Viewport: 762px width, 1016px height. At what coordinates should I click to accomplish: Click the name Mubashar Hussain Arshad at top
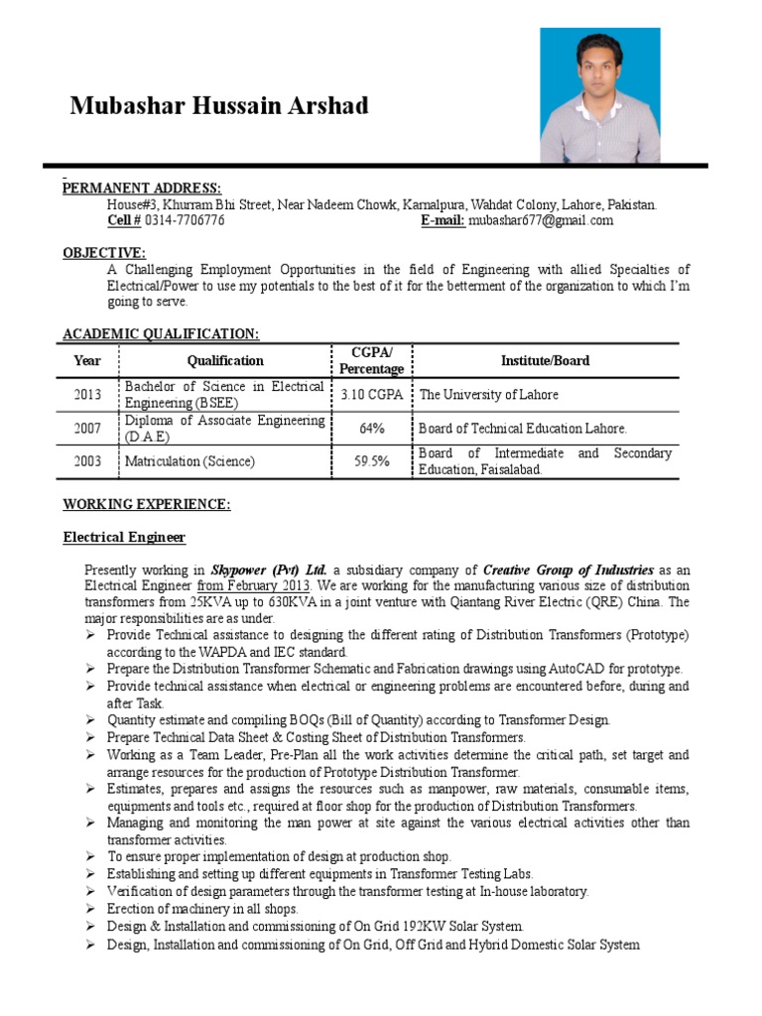click(218, 106)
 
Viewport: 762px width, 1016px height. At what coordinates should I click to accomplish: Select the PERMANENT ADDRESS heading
click(142, 189)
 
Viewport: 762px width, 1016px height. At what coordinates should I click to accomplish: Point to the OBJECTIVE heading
click(104, 253)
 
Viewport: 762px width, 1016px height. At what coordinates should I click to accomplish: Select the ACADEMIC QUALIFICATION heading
click(162, 334)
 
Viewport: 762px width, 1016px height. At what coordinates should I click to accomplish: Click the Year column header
click(87, 361)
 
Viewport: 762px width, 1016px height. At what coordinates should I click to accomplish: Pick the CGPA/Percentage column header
click(371, 361)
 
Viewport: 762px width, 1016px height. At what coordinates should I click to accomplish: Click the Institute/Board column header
click(546, 361)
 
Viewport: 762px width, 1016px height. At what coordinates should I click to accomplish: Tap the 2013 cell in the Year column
click(87, 395)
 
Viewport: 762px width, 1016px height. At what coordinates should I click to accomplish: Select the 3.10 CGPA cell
click(371, 395)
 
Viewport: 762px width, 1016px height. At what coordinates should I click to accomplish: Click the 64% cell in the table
click(371, 429)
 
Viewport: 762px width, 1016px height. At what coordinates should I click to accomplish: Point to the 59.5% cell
click(371, 461)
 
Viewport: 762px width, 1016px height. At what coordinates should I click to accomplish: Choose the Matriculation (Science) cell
click(190, 461)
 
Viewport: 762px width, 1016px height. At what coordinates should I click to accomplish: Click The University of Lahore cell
click(489, 395)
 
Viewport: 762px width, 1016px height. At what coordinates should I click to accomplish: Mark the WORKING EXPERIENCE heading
click(147, 505)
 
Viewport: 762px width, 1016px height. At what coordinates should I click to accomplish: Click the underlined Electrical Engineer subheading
click(125, 538)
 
